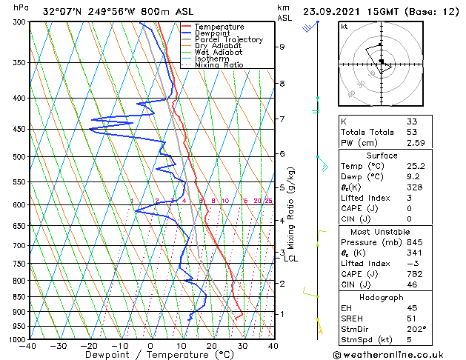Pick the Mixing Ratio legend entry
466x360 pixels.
coord(219,65)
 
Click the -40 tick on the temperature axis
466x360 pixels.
coord(28,346)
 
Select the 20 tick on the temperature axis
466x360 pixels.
coord(211,346)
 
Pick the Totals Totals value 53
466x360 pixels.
coord(412,131)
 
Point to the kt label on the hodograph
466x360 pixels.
coord(344,27)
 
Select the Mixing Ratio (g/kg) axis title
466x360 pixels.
coord(292,207)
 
